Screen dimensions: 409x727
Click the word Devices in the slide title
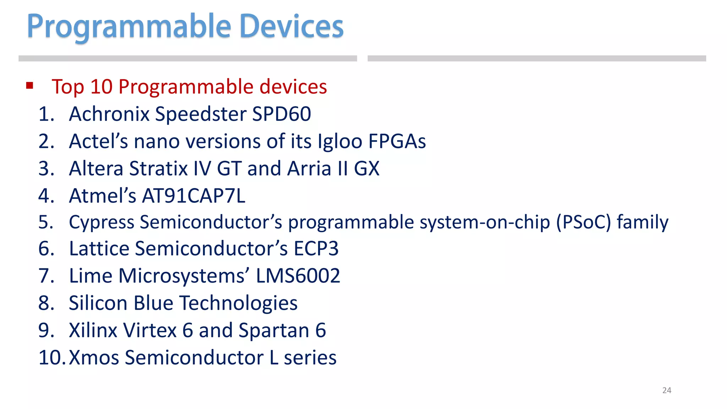291,26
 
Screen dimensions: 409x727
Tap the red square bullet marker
30,85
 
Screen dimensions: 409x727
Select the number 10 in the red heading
101,87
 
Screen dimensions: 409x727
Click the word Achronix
109,114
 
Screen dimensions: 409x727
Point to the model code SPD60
281,114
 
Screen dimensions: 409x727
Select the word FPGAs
397,141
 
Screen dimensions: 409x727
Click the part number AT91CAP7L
193,196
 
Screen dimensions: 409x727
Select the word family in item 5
643,223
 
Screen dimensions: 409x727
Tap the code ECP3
316,249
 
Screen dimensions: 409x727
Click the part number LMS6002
298,276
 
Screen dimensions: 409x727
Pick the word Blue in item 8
153,303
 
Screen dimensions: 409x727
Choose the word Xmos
94,358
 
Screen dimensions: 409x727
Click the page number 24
667,391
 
